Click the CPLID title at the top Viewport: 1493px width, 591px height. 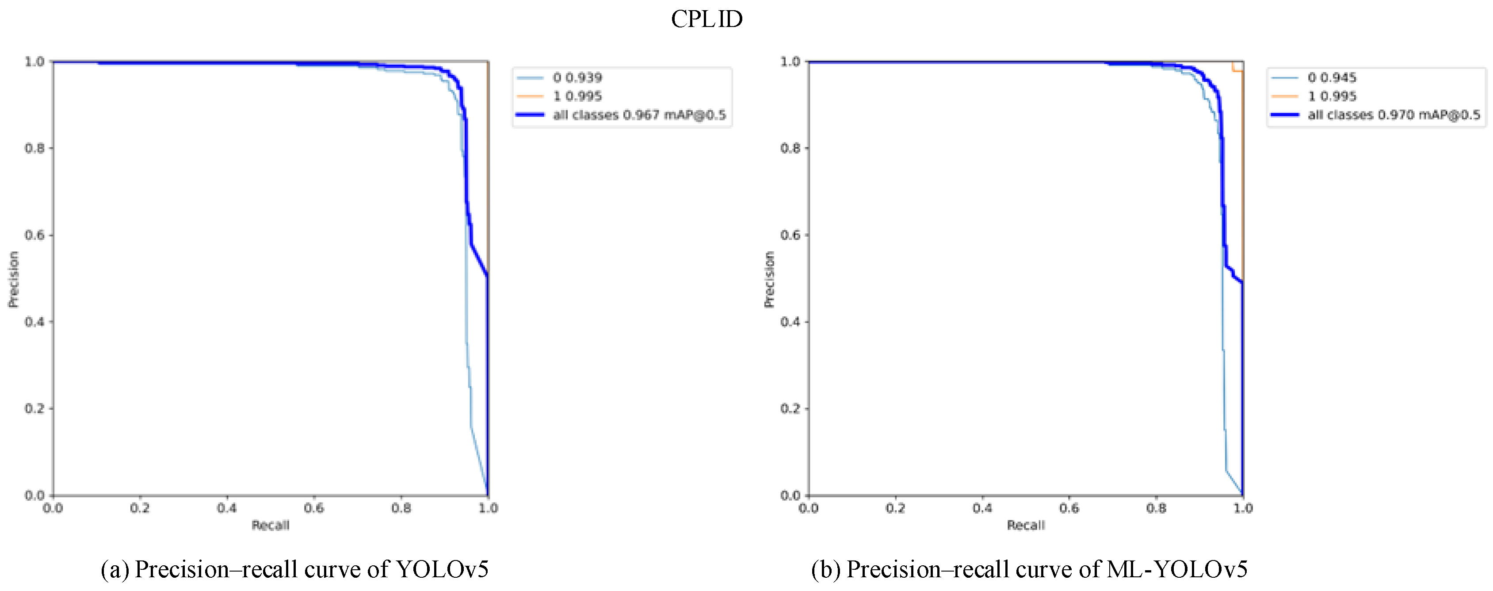(706, 19)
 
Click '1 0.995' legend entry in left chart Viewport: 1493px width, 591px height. (577, 96)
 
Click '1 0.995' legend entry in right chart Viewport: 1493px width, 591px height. (1332, 96)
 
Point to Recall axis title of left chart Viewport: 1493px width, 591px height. (270, 526)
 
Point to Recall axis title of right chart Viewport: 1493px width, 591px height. (1025, 526)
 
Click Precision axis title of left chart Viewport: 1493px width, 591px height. (13, 279)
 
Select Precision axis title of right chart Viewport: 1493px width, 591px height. (769, 279)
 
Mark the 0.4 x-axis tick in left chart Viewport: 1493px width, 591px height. (227, 509)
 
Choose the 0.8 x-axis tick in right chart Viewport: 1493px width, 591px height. (1156, 509)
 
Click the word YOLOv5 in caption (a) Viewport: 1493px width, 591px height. (442, 569)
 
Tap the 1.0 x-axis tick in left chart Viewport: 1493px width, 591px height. (488, 509)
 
